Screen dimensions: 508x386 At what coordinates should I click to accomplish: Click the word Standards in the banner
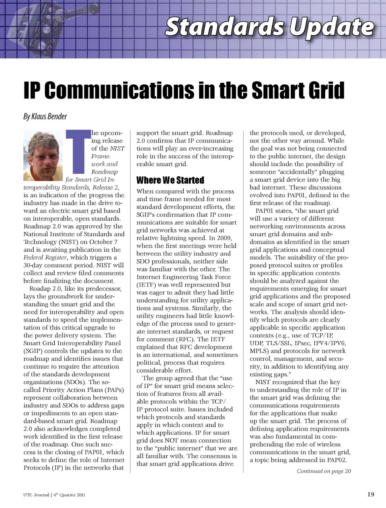pos(225,27)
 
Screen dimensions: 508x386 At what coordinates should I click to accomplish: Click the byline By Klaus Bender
pos(45,116)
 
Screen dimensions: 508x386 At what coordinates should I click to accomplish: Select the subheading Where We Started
pos(170,180)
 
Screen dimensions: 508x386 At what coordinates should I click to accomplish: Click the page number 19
pos(371,494)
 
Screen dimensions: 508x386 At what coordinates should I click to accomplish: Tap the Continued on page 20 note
pos(324,471)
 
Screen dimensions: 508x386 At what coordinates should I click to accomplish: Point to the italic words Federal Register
pos(45,257)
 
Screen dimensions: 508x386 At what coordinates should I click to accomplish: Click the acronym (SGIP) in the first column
pos(34,351)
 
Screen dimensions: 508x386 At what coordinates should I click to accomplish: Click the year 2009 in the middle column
pos(224,238)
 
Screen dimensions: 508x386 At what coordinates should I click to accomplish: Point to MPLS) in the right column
pos(259,351)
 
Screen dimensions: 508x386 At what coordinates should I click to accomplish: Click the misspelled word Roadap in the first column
pos(41,288)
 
